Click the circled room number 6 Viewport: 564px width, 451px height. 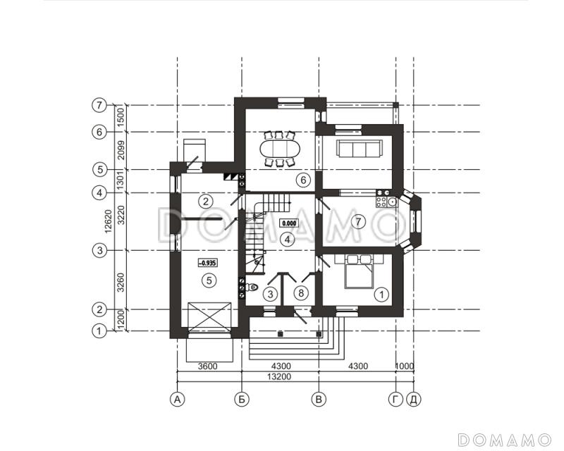pos(303,180)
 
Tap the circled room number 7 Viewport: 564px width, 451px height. pos(358,221)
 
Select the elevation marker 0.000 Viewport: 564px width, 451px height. pos(289,223)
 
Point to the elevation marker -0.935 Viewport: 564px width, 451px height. pos(207,263)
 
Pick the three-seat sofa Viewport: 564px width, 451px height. pos(359,149)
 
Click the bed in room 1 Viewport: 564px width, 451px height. pos(359,272)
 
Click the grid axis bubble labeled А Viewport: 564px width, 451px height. pos(177,400)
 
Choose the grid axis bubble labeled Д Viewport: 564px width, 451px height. pos(414,400)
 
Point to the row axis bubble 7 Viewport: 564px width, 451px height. pos(99,106)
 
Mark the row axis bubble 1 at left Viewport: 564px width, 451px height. pos(99,331)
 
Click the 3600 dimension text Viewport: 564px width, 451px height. pos(208,366)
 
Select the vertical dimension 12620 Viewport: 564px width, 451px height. pos(109,221)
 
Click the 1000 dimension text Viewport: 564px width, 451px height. pos(405,366)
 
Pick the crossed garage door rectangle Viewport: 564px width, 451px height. pos(209,315)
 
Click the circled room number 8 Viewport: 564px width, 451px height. pos(301,293)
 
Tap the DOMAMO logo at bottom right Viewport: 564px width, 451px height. pos(504,440)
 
